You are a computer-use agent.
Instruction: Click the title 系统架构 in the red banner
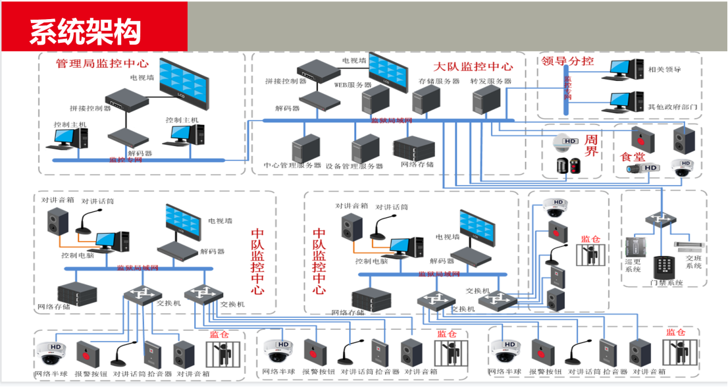pyautogui.click(x=85, y=28)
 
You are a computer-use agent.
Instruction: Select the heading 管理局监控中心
pyautogui.click(x=102, y=64)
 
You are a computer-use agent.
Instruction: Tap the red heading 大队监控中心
pyautogui.click(x=473, y=66)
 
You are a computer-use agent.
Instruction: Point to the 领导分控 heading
pyautogui.click(x=567, y=61)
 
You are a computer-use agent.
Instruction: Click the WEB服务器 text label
pyautogui.click(x=353, y=85)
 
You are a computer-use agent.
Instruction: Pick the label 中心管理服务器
pyautogui.click(x=292, y=165)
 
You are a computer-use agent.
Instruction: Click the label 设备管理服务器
pyautogui.click(x=355, y=166)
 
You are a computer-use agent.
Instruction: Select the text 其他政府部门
pyautogui.click(x=672, y=107)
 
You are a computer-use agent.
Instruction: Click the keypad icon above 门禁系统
pyautogui.click(x=663, y=265)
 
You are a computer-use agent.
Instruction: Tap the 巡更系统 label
pyautogui.click(x=633, y=264)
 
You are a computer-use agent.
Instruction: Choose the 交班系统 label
pyautogui.click(x=694, y=261)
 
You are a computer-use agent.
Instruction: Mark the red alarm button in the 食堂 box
pyautogui.click(x=639, y=138)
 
